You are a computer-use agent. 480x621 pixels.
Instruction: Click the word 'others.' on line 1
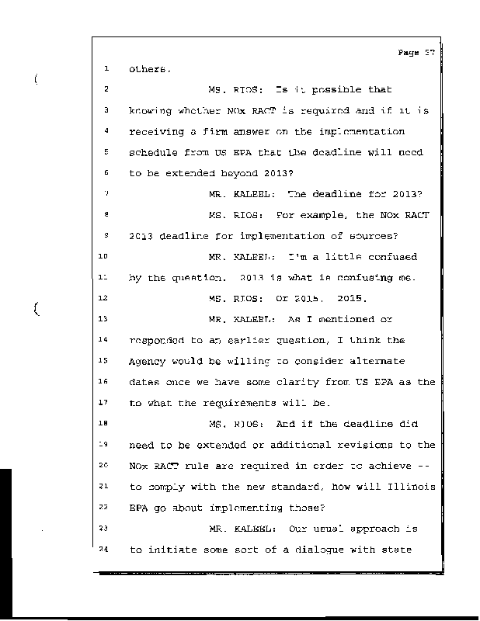click(x=148, y=69)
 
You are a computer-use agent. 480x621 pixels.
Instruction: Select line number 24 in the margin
click(x=105, y=549)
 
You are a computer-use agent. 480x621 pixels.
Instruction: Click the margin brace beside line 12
click(x=36, y=310)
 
